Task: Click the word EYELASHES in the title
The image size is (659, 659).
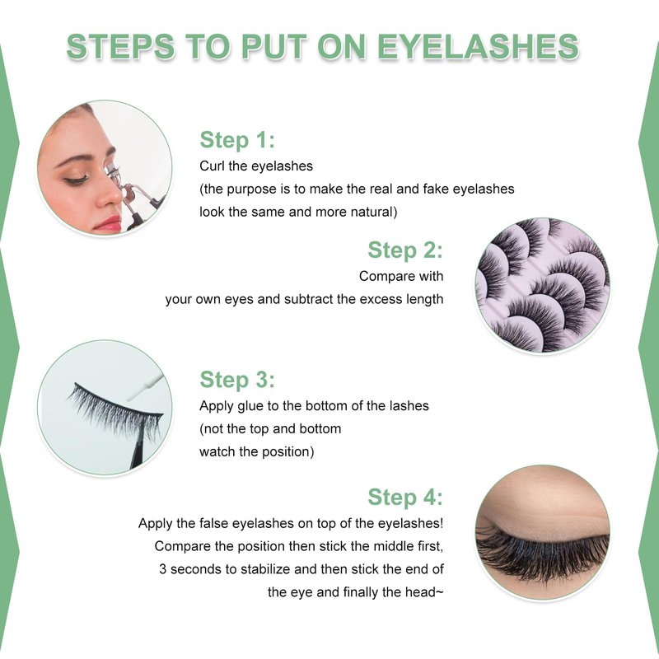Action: coord(478,46)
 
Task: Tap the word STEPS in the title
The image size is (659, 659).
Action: coord(120,46)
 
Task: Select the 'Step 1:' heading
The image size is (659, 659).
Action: coord(237,140)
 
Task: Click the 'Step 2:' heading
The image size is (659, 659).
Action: coord(405,250)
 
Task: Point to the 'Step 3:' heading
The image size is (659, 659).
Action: coord(237,380)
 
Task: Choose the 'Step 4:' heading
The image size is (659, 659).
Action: coord(405,498)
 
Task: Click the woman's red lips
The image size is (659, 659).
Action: coord(109,223)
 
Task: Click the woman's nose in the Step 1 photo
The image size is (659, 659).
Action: coord(110,193)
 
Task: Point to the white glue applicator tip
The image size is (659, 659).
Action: coord(145,386)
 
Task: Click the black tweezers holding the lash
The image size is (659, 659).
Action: coord(138,446)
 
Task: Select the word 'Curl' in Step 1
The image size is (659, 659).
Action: coord(212,166)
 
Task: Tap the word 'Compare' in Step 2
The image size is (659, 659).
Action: coord(381,277)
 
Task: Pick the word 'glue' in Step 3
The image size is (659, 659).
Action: coord(250,406)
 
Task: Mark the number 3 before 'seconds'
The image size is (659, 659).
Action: coord(162,569)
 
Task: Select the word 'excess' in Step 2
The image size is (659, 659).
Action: coord(381,300)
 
